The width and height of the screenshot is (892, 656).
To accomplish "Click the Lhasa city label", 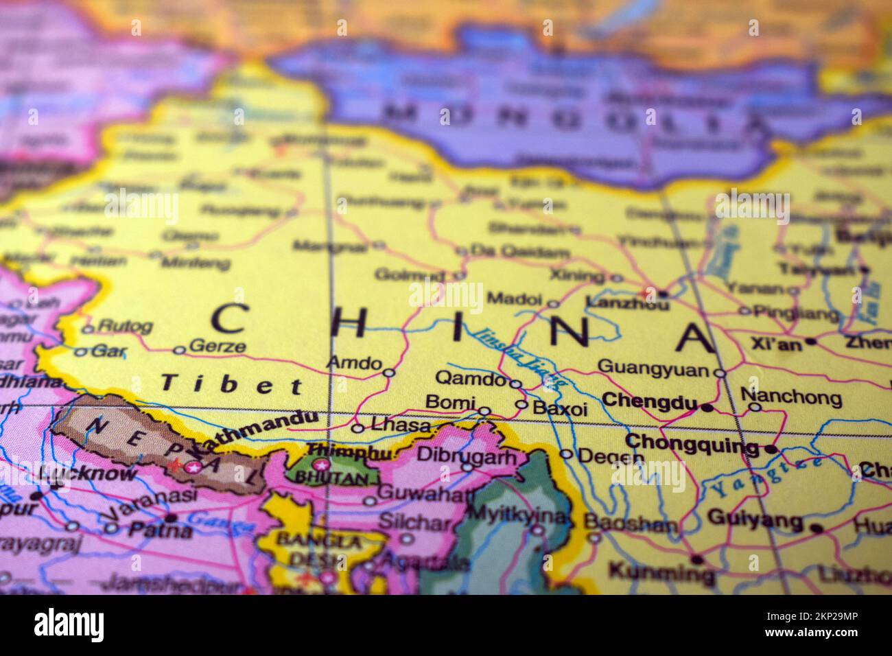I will tap(400, 426).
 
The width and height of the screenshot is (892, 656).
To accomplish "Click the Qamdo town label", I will tap(470, 378).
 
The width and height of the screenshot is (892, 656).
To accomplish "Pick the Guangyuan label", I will tap(653, 368).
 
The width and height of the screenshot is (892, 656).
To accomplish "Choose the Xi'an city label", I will tap(776, 344).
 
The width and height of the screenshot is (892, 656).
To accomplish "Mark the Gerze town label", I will tap(216, 346).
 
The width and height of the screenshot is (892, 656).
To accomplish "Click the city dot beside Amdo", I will tap(388, 373).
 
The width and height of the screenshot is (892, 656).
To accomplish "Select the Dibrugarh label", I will tap(467, 454).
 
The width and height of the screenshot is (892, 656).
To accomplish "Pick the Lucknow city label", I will tap(89, 473).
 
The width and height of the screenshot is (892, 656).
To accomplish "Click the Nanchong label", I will tap(790, 397).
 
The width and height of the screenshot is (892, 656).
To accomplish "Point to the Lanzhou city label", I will tap(626, 303).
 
